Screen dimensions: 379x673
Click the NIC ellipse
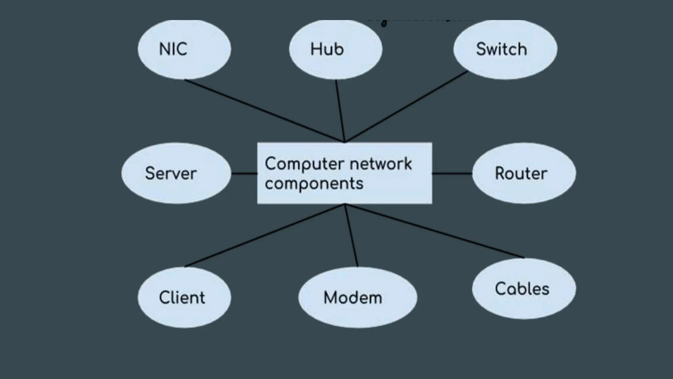click(x=184, y=49)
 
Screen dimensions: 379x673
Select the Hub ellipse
click(x=336, y=49)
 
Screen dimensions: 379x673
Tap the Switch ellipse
click(x=505, y=49)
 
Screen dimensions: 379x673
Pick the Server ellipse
click(x=176, y=173)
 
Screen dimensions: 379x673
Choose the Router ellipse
click(x=524, y=173)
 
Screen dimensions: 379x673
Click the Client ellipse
click(x=184, y=297)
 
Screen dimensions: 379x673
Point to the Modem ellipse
click(x=358, y=297)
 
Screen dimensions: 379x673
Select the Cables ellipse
click(x=524, y=289)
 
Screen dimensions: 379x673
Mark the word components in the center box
click(x=314, y=184)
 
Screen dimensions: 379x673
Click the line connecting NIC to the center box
click(x=263, y=111)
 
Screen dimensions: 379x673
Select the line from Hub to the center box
click(x=340, y=111)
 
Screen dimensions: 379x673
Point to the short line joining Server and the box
click(x=244, y=173)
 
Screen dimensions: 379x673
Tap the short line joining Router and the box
click(x=452, y=173)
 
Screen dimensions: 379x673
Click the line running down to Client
click(x=265, y=236)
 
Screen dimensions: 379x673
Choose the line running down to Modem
click(x=351, y=236)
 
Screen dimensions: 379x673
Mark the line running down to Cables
click(x=434, y=231)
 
